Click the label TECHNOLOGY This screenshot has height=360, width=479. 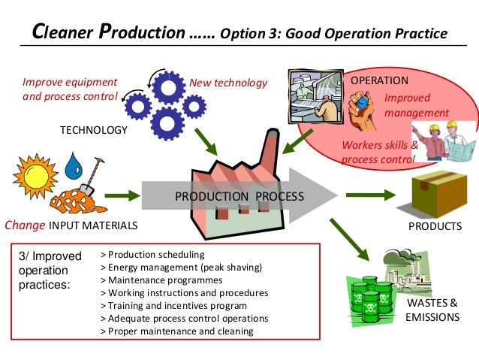coord(94,130)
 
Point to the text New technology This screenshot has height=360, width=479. coord(228,83)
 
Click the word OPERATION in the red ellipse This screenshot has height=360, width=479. coord(380,80)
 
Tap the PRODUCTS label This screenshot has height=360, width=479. coord(435,226)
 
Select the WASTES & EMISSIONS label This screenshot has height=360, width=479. coord(432,310)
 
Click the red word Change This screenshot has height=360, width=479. coord(25,225)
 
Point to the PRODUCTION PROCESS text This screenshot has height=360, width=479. coord(239,197)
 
